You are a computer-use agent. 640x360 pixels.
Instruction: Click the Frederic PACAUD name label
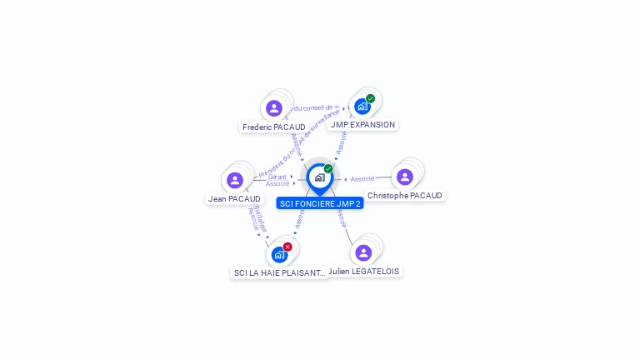pos(273,127)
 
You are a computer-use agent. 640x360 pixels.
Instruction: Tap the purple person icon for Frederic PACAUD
pos(274,108)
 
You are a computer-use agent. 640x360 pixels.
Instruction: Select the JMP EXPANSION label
pos(362,125)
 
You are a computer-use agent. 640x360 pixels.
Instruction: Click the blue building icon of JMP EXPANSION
pos(362,106)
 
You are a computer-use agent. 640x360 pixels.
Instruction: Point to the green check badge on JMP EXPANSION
pos(371,98)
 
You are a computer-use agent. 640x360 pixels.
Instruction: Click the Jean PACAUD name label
pos(234,199)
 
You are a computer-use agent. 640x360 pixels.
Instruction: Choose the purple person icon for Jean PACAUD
pos(235,180)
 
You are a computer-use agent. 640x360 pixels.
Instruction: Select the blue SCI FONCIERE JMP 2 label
pos(320,203)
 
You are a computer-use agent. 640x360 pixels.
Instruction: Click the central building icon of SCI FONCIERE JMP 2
pos(319,177)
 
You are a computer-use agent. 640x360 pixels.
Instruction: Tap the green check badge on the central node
pos(328,168)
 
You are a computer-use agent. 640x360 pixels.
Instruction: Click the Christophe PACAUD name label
pos(406,196)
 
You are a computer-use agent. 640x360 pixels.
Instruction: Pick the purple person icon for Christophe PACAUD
pos(405,177)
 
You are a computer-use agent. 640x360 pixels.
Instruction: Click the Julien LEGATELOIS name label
pos(363,272)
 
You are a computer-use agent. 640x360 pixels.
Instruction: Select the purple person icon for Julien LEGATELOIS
pos(363,252)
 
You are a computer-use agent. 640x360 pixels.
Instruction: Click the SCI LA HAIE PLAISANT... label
pos(279,273)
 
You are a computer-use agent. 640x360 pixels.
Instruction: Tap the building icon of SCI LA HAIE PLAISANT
pos(278,254)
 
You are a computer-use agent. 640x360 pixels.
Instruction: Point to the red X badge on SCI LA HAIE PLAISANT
pos(287,247)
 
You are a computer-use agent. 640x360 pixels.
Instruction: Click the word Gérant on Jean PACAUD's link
pos(277,177)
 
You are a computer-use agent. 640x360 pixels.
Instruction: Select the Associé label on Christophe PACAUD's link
pos(362,179)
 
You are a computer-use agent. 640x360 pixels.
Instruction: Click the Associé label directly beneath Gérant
pos(277,183)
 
